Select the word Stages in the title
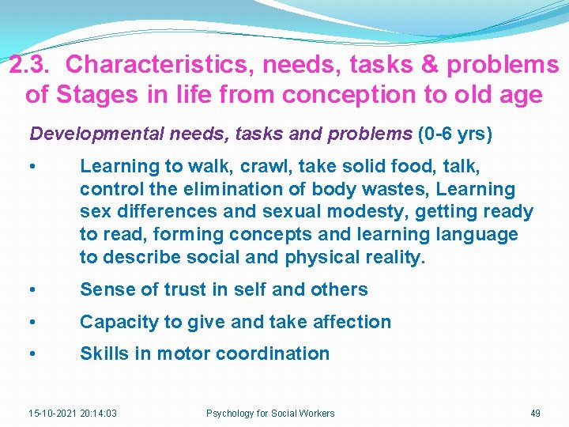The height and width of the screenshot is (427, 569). click(x=96, y=96)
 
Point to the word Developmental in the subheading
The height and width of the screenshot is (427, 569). click(x=96, y=134)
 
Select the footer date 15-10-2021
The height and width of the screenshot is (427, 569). click(x=51, y=414)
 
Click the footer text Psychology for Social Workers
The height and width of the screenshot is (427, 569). click(x=270, y=414)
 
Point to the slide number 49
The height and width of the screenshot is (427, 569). click(x=535, y=414)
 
